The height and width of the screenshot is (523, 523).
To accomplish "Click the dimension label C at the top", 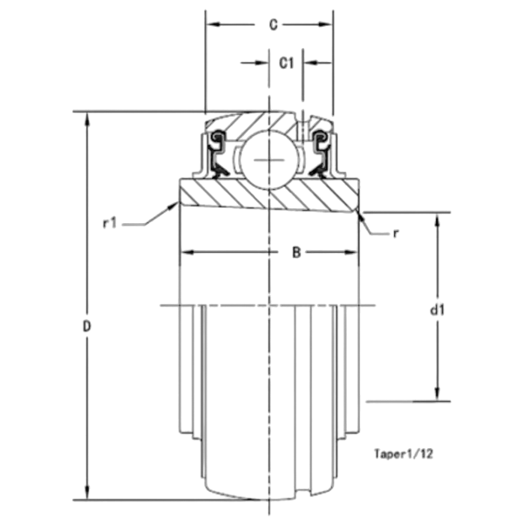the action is [273, 25].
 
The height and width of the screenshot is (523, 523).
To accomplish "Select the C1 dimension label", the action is [286, 63].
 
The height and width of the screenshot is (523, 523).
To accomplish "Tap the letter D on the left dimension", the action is [86, 326].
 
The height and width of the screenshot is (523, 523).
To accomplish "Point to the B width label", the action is [296, 253].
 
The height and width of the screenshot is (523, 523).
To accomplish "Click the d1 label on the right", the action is [438, 310].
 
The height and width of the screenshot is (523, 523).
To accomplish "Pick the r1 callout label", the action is [110, 223].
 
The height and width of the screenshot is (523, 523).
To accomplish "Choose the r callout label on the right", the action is [396, 234].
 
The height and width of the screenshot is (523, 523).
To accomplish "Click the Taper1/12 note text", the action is [404, 453].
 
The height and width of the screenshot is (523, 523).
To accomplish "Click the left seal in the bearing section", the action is [217, 154].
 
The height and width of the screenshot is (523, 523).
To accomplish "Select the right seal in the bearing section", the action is [320, 154].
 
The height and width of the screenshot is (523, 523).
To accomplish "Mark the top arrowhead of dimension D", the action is [87, 119].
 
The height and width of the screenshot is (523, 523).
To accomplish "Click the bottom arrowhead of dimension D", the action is [87, 492].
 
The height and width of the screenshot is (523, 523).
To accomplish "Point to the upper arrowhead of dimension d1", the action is [438, 221].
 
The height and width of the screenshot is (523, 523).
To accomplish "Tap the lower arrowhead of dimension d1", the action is [438, 394].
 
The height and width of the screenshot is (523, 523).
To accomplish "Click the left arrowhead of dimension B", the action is [187, 252].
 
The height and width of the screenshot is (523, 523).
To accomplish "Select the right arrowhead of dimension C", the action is [325, 24].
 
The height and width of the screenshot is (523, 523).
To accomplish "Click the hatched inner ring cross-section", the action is [268, 195].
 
